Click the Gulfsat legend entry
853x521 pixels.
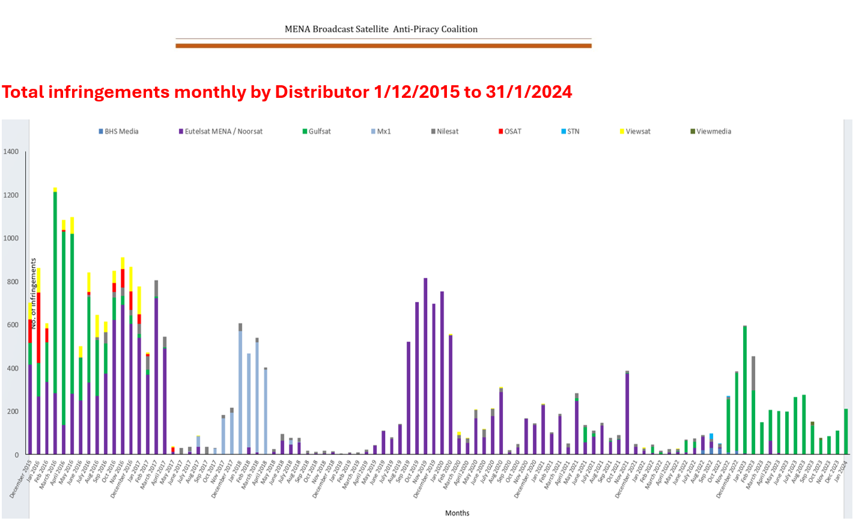point(317,131)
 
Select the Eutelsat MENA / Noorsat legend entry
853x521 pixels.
point(220,131)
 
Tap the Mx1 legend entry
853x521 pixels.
point(381,131)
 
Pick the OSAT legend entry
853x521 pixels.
point(510,131)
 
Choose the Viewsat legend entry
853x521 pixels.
point(635,131)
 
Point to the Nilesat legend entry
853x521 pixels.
point(445,131)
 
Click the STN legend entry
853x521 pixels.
point(570,131)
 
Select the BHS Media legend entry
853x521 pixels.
point(118,131)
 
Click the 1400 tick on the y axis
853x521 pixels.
point(11,152)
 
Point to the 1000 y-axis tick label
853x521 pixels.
point(11,238)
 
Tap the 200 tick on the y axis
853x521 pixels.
point(13,412)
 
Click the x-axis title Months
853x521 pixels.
point(457,513)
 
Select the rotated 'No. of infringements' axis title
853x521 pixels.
point(34,293)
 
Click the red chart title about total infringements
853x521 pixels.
point(287,92)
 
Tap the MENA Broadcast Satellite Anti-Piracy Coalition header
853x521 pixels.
point(381,29)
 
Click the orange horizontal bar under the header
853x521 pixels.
point(383,46)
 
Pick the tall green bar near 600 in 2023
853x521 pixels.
point(745,390)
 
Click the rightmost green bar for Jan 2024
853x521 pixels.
point(846,432)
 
